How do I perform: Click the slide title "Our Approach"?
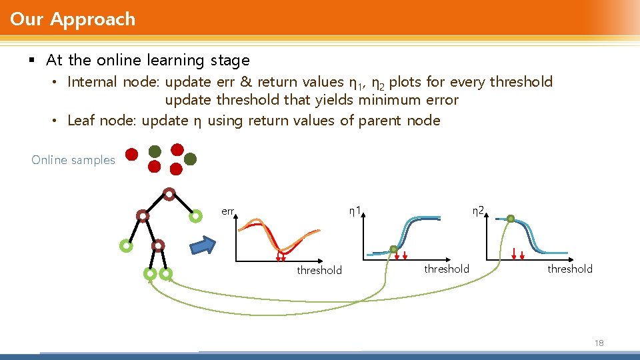click(73, 19)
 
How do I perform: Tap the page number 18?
click(598, 343)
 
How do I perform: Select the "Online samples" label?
click(73, 160)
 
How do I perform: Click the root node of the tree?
click(169, 195)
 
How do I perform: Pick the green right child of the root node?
click(195, 216)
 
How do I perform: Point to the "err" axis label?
click(227, 211)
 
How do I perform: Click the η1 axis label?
click(355, 211)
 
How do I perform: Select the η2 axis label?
click(478, 211)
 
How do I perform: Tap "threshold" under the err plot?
click(319, 270)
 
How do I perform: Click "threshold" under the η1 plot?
click(446, 269)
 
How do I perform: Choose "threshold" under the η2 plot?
click(569, 269)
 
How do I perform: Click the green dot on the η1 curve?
click(393, 250)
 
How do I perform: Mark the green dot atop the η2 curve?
click(510, 218)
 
